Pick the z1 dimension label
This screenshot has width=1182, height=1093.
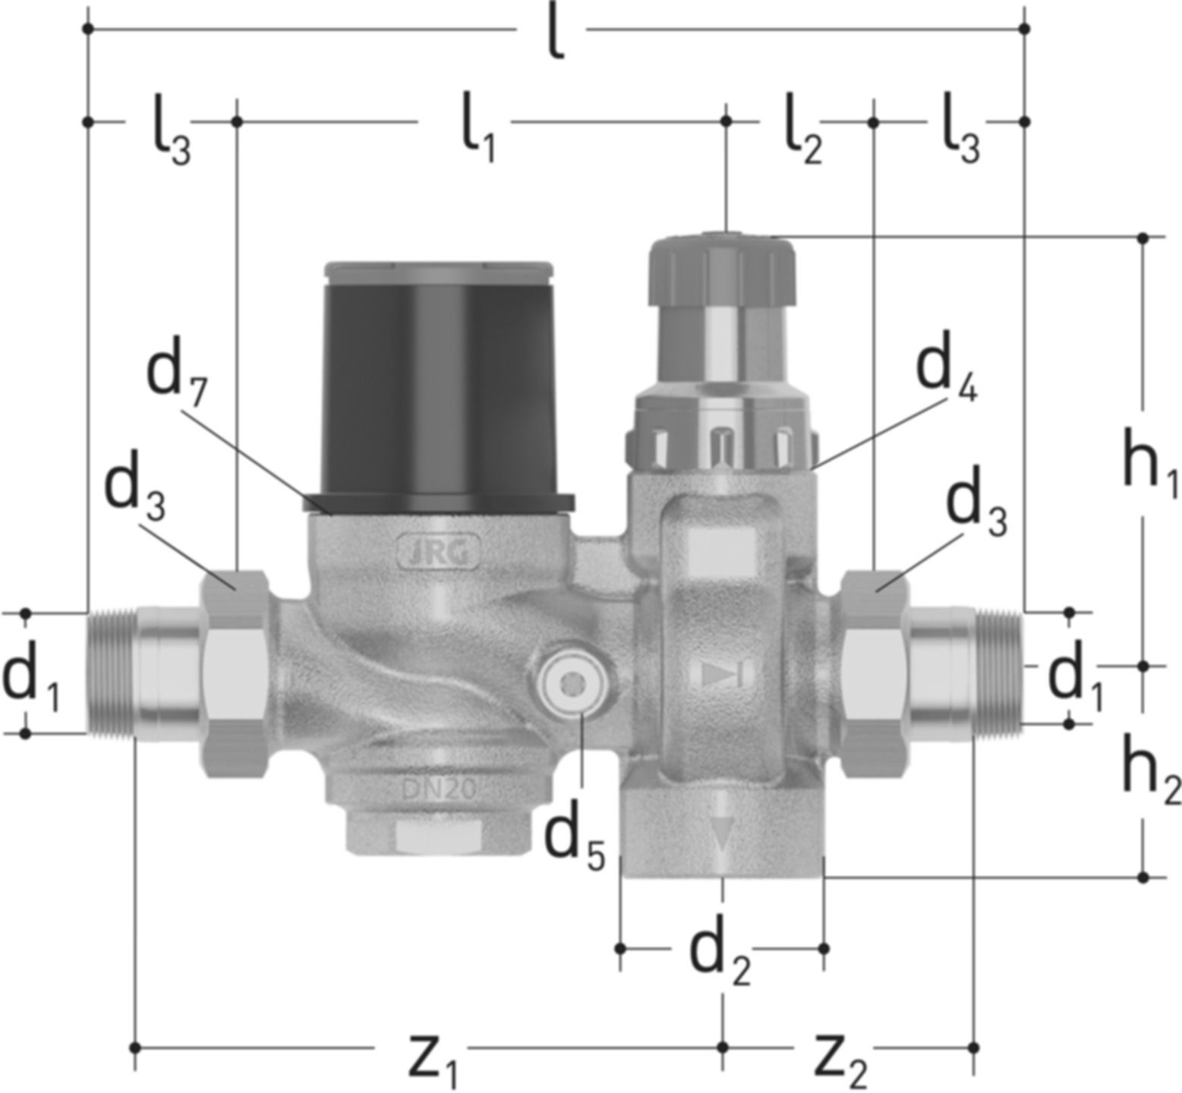[433, 1059]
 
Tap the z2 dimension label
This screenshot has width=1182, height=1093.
[840, 1059]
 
